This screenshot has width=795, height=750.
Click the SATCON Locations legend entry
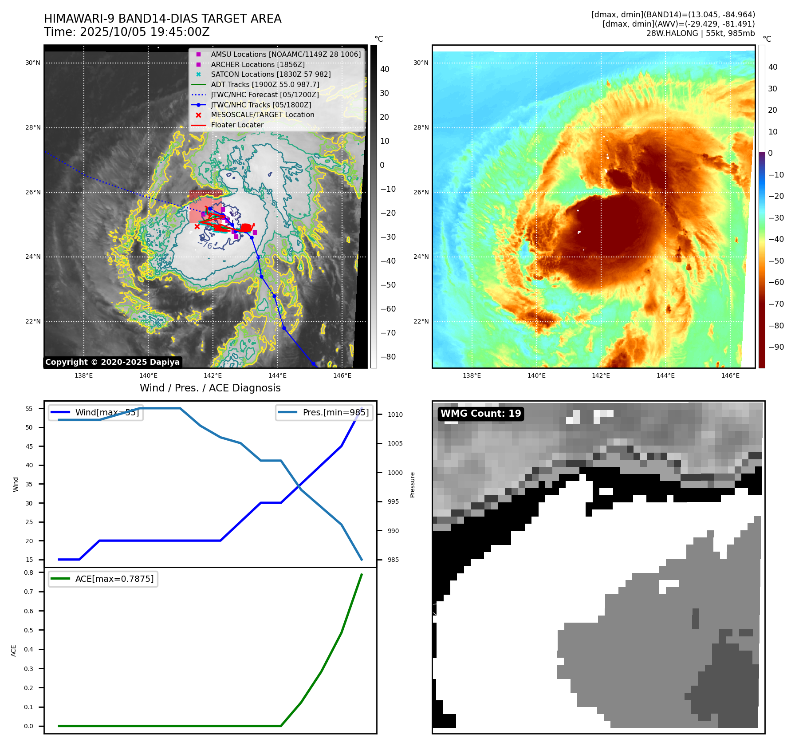coord(271,75)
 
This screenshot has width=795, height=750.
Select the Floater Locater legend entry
coord(237,125)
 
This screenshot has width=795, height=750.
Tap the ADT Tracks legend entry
coord(265,85)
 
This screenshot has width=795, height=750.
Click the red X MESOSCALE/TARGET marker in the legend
coord(198,115)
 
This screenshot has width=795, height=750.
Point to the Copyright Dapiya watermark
coord(112,362)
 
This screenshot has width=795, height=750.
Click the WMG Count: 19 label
coord(480,414)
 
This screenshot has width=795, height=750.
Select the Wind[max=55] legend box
coord(96,413)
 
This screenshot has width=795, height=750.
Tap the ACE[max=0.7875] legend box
coord(103,579)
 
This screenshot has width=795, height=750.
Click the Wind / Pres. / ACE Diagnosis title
coord(210,388)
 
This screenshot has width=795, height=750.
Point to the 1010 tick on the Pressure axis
coord(395,415)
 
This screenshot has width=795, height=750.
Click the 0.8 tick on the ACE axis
coord(29,573)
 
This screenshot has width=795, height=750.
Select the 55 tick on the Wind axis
coord(29,409)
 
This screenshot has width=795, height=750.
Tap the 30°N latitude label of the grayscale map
coord(33,63)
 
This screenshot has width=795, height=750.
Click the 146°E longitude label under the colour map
coord(730,376)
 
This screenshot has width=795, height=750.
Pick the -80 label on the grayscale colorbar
coord(388,357)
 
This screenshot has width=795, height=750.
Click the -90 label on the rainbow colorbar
coord(776,347)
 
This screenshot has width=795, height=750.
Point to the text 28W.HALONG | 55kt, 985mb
coord(700,33)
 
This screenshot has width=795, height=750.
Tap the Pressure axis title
coord(413,485)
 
